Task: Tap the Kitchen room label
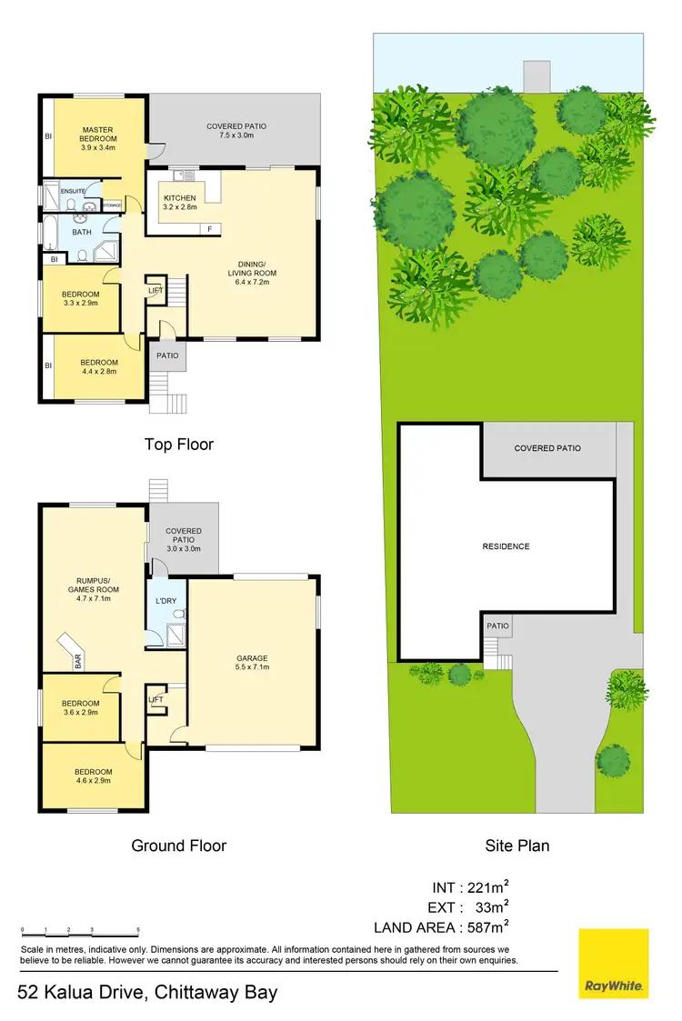pos(179,198)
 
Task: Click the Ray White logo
pos(614,963)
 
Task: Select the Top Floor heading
pos(179,445)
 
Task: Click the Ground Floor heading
pos(179,846)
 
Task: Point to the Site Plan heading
pos(517,846)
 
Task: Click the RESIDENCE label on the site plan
pos(506,546)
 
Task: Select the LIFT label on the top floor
pos(155,291)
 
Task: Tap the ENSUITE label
pos(73,191)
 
